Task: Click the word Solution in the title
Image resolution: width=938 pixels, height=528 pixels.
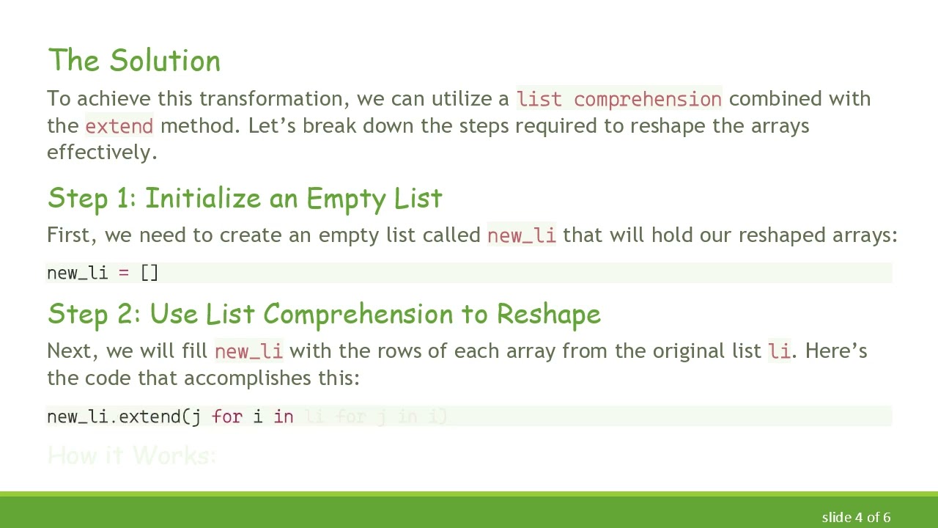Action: [165, 61]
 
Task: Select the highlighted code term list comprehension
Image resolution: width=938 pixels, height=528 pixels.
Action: [619, 99]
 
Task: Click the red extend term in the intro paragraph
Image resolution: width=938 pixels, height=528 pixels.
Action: [119, 126]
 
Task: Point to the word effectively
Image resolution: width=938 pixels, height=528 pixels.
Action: [102, 153]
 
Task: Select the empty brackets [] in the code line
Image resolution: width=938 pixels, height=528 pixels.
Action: [149, 273]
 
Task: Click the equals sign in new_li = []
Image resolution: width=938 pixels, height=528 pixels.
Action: [124, 273]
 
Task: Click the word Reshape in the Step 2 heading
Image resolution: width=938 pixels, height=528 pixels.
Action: [548, 315]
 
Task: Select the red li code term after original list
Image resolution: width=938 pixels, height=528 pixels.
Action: [779, 351]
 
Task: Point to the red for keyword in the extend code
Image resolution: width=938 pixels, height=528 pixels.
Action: [226, 417]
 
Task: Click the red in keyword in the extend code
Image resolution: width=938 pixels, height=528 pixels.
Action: [284, 417]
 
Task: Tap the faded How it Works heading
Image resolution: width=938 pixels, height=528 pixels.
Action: [131, 455]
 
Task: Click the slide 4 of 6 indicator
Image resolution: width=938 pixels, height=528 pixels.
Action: [856, 517]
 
